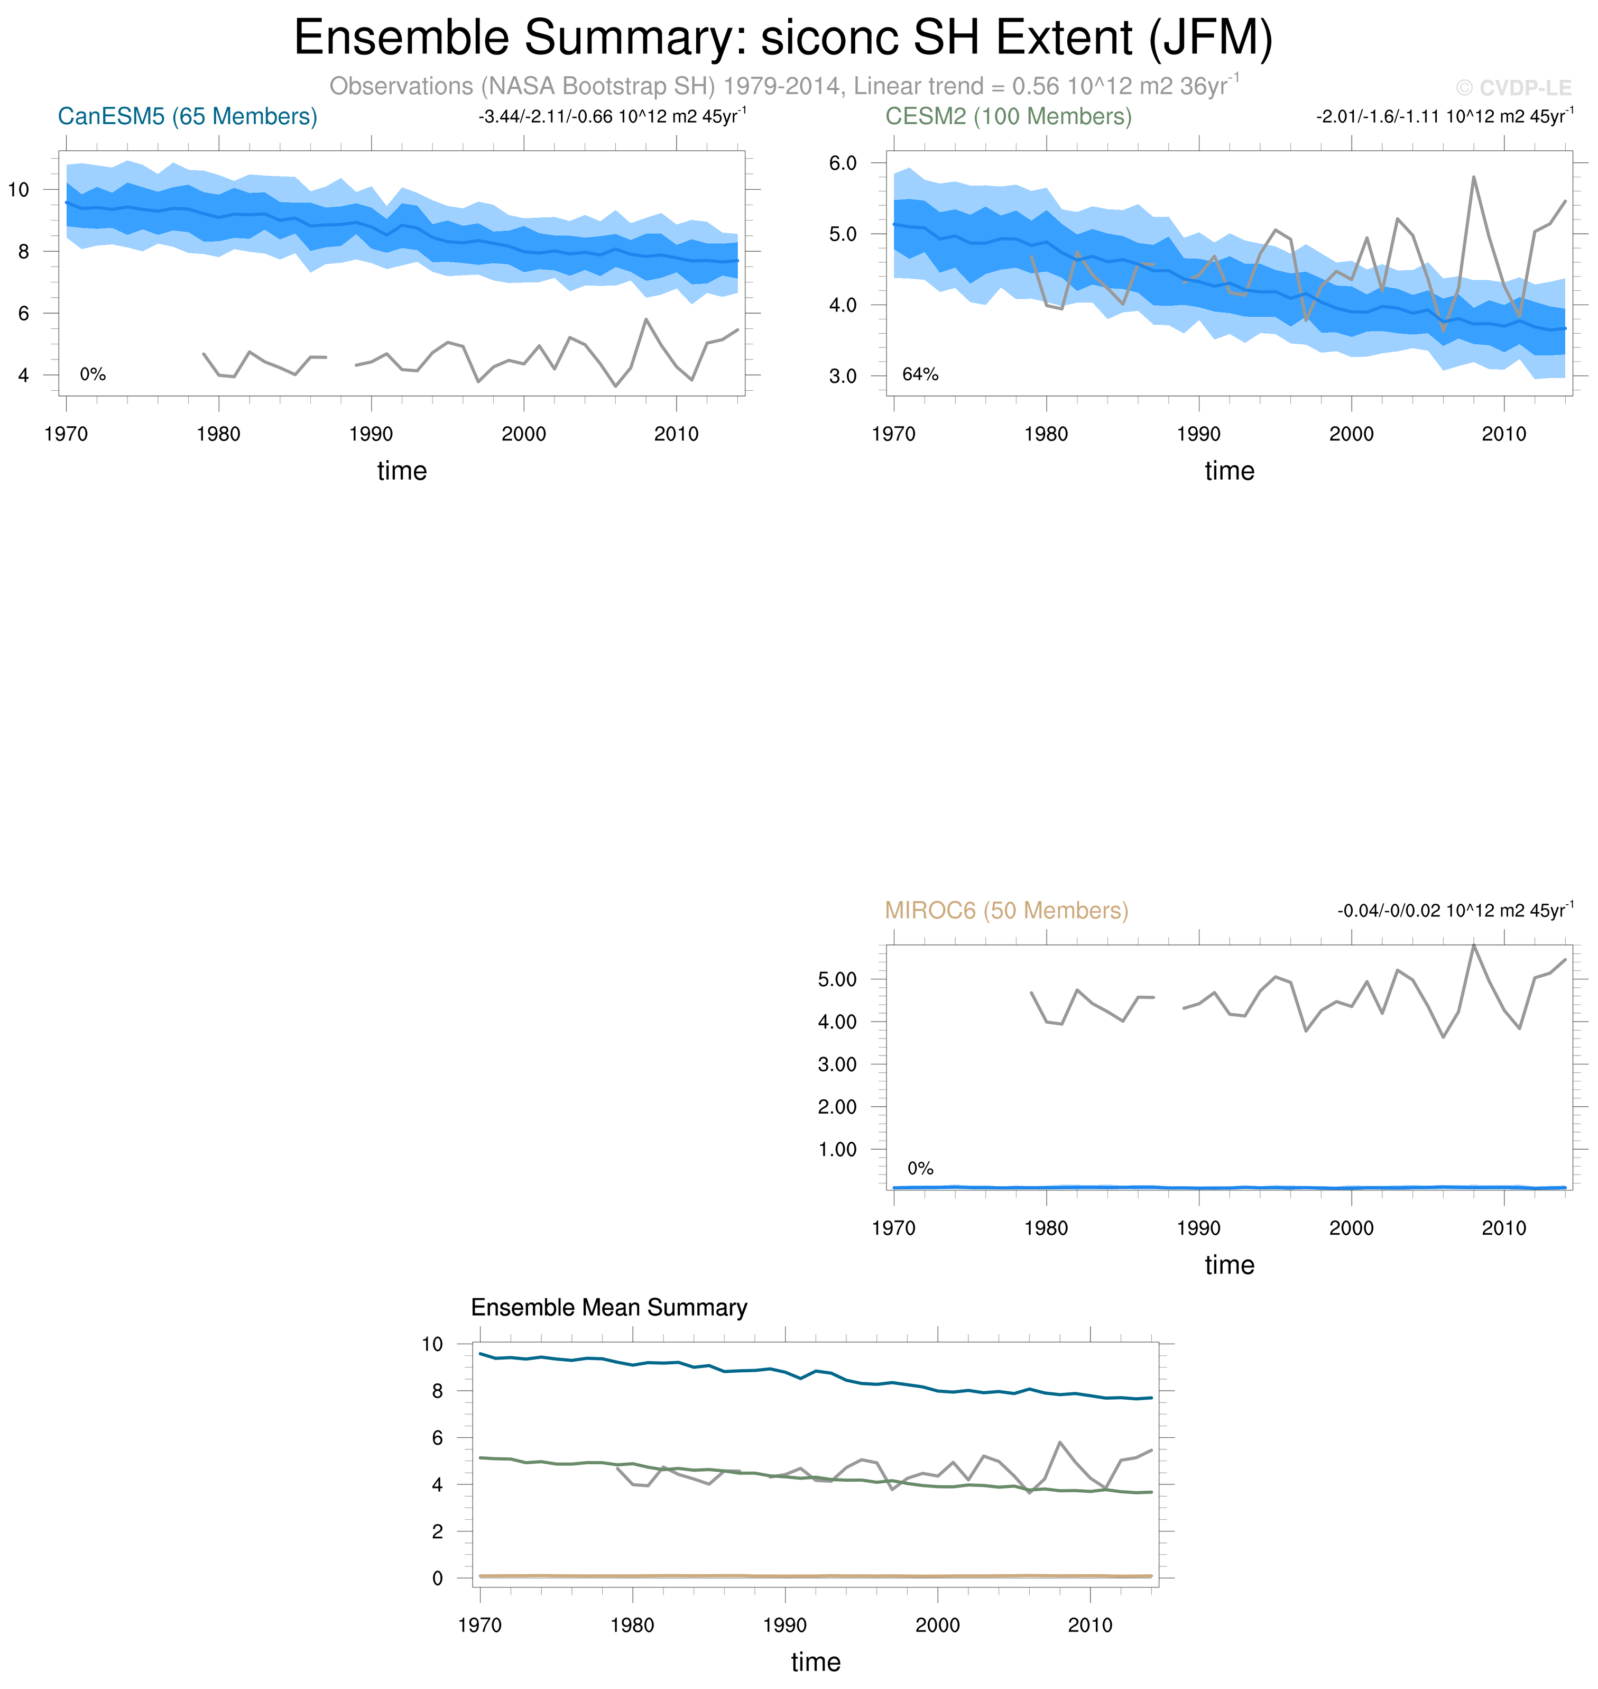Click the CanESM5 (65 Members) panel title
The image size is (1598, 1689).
coord(188,117)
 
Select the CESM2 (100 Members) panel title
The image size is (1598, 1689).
coord(1009,117)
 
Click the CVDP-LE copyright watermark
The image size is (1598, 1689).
coord(1513,88)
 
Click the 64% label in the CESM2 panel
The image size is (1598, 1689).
coord(920,375)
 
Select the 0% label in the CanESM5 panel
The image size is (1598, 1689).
coord(93,375)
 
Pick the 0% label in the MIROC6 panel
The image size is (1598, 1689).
coord(920,1168)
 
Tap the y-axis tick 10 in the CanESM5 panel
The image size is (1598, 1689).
coord(19,190)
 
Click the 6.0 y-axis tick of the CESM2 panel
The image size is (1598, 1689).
coord(843,163)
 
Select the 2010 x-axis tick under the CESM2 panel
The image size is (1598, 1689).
coord(1503,435)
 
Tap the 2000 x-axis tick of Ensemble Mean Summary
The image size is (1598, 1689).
coord(937,1625)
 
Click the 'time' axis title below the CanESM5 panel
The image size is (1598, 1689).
coord(402,471)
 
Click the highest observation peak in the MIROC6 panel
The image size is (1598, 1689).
coord(1474,945)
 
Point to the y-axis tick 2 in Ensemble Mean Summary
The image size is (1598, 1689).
coord(438,1532)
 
